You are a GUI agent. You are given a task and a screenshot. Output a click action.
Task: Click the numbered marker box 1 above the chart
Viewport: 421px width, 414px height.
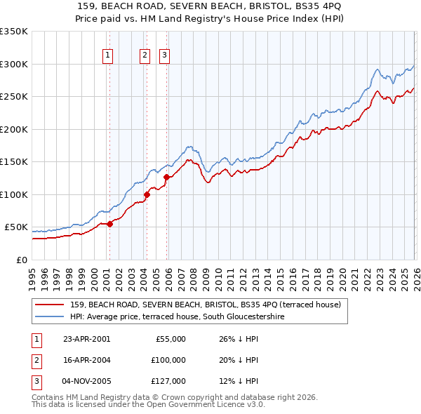109,56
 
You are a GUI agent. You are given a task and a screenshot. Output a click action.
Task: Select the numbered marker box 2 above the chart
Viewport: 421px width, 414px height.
145,56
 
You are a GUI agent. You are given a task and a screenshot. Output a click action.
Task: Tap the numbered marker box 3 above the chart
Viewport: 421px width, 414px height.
165,56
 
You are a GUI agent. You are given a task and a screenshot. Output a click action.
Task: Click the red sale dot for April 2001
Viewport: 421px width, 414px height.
109,224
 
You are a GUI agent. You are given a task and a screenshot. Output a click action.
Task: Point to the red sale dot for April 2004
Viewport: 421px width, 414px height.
147,194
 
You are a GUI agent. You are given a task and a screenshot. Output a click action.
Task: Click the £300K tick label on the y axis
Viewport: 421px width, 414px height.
15,64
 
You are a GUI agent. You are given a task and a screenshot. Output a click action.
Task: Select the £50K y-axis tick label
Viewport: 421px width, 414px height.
17,227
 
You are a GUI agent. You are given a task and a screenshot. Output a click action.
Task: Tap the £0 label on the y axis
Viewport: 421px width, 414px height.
22,260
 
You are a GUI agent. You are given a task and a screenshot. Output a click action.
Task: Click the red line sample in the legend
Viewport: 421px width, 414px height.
49,305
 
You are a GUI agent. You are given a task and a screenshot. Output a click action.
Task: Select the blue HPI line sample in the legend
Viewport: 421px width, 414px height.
49,316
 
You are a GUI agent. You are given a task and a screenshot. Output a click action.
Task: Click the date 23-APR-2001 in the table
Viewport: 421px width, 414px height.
86,339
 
